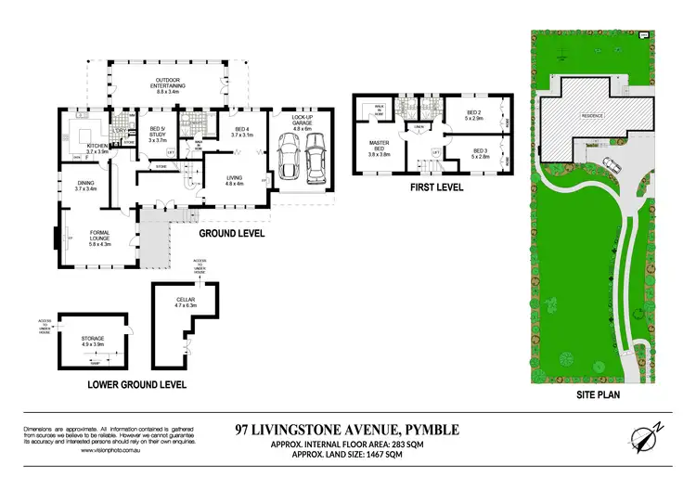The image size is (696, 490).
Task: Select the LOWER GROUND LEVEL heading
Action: (136, 383)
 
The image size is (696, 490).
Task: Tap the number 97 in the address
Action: (244, 429)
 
